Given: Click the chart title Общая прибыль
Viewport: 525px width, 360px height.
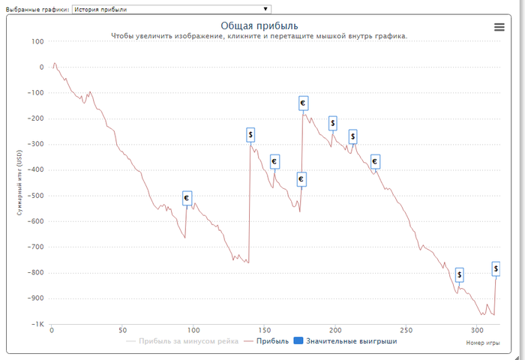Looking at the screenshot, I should [x=259, y=26].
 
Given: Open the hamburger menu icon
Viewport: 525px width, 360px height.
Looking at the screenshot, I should [x=499, y=27].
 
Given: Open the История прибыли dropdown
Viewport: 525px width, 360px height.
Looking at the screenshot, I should [x=171, y=9].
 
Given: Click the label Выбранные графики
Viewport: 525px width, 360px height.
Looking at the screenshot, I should [x=37, y=9].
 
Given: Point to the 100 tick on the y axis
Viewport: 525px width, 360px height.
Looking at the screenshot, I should [x=37, y=41].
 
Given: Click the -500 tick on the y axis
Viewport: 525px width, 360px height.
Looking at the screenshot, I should [x=34, y=196].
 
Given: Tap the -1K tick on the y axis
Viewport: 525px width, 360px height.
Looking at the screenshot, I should [x=36, y=324].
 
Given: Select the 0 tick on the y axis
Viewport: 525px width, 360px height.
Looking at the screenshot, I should [x=42, y=67].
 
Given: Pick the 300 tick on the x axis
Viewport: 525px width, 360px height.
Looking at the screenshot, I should [x=477, y=330].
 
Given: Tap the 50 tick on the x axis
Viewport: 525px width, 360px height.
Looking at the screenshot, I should [x=122, y=330].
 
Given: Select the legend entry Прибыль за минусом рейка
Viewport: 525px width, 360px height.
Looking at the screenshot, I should [x=183, y=341].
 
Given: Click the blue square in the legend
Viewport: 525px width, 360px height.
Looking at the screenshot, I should [x=298, y=341].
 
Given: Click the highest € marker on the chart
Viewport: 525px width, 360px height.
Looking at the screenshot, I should [x=303, y=103].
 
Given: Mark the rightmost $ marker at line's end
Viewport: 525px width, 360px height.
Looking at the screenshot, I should [x=496, y=268].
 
